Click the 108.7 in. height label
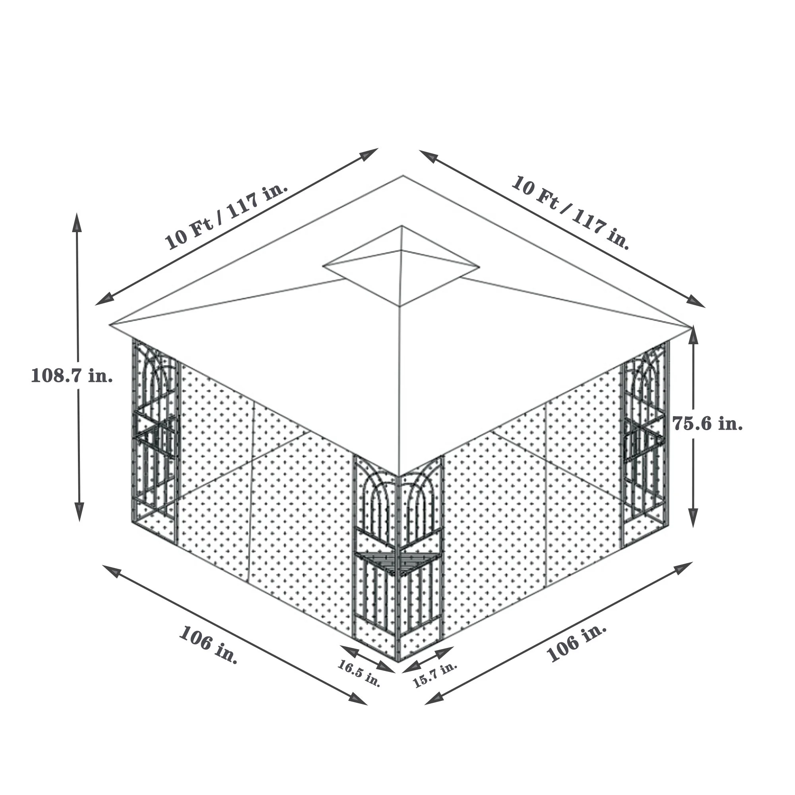72,376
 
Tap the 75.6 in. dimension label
708,423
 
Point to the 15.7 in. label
435,675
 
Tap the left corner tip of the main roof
110,326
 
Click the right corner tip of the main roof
690,327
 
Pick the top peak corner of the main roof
403,176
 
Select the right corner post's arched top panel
645,378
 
